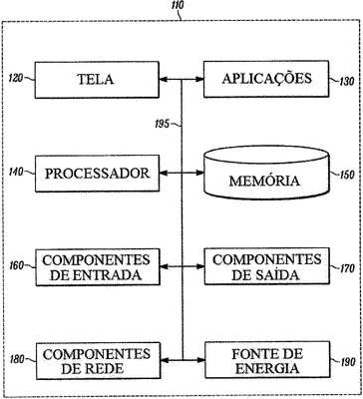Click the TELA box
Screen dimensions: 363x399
pos(97,80)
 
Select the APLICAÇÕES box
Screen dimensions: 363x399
pos(266,79)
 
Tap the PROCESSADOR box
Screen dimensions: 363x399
pos(97,174)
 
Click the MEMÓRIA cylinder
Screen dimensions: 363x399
pos(266,173)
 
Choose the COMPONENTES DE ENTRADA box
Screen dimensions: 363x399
pos(98,267)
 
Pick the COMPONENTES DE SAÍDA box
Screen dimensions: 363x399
pos(267,266)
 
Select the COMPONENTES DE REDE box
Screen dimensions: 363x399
pos(98,361)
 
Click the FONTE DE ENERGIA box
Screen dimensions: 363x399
pos(267,360)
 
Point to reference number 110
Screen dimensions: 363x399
pos(177,6)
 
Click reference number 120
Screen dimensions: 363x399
pos(17,79)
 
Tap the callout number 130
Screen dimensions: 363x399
pos(347,82)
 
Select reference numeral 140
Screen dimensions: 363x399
pos(17,172)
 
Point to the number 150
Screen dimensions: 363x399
pos(347,176)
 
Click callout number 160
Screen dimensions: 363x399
pos(17,265)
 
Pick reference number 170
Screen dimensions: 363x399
pos(348,268)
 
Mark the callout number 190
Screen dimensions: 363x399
pos(348,362)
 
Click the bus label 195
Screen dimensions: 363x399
pos(162,125)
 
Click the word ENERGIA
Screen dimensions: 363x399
pos(266,368)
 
